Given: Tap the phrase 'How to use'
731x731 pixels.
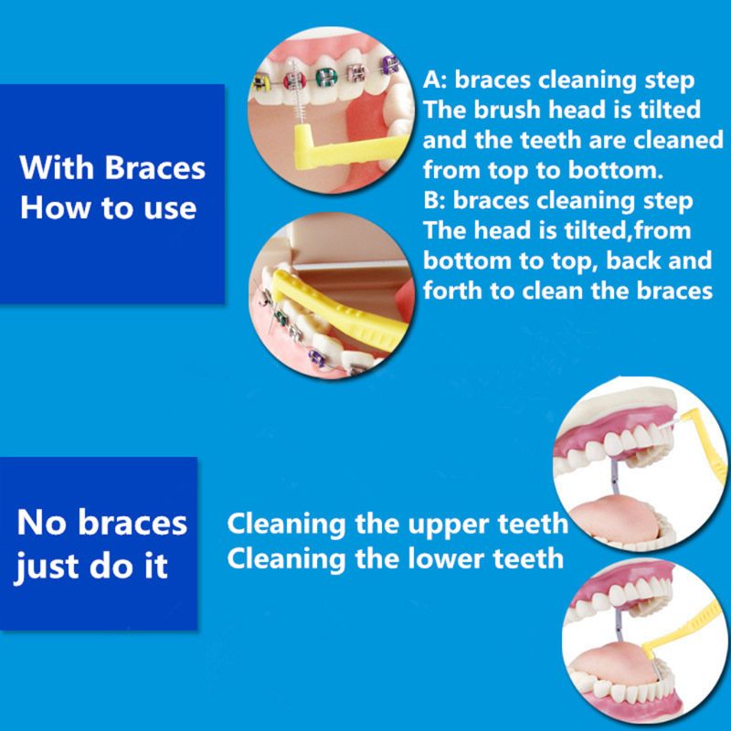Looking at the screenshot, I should tap(108, 207).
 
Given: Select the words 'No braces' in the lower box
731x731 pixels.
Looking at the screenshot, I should tap(102, 524).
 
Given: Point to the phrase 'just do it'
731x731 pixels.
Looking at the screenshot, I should tap(93, 564).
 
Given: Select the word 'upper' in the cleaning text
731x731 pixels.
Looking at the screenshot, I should tap(435, 525).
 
